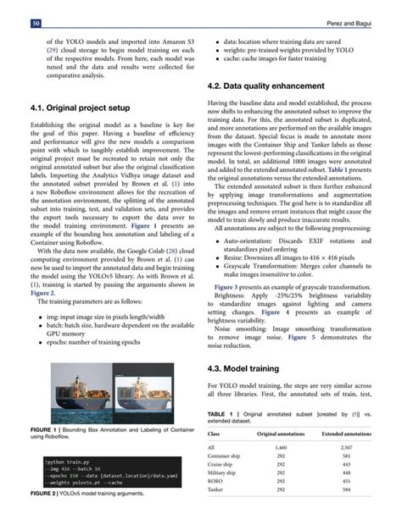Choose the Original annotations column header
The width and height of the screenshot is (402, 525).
tap(281, 433)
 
